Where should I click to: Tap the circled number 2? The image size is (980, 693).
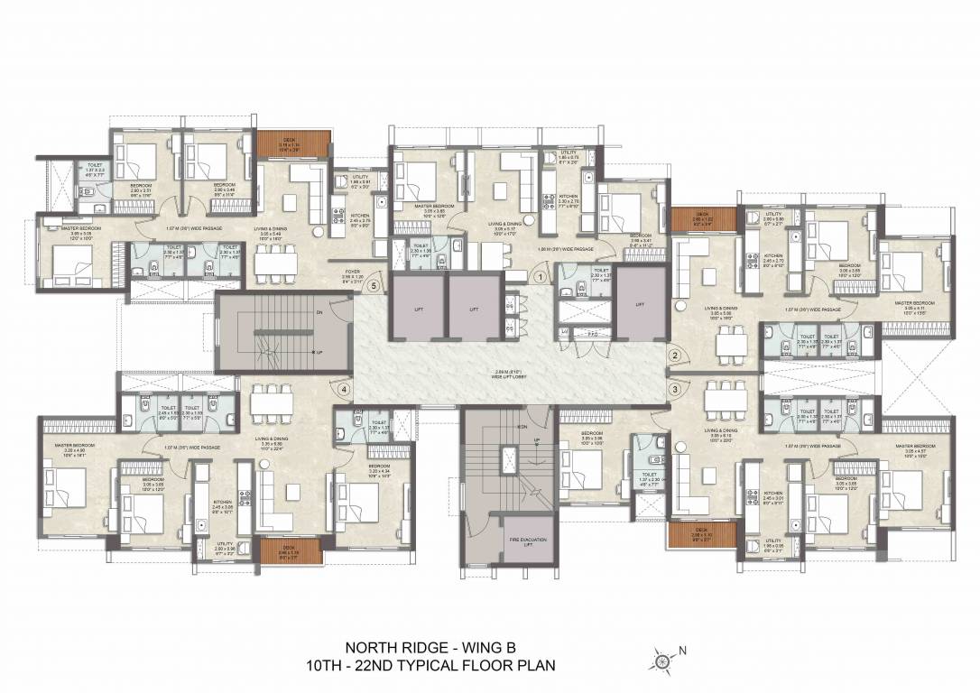click(x=673, y=356)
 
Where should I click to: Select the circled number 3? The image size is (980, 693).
click(x=673, y=389)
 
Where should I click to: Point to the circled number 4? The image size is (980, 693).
click(x=344, y=390)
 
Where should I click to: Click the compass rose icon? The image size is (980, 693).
click(x=663, y=662)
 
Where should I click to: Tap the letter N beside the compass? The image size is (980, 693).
click(x=683, y=650)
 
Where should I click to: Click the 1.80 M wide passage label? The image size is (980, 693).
click(x=565, y=248)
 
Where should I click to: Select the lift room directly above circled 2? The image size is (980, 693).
click(x=640, y=308)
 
